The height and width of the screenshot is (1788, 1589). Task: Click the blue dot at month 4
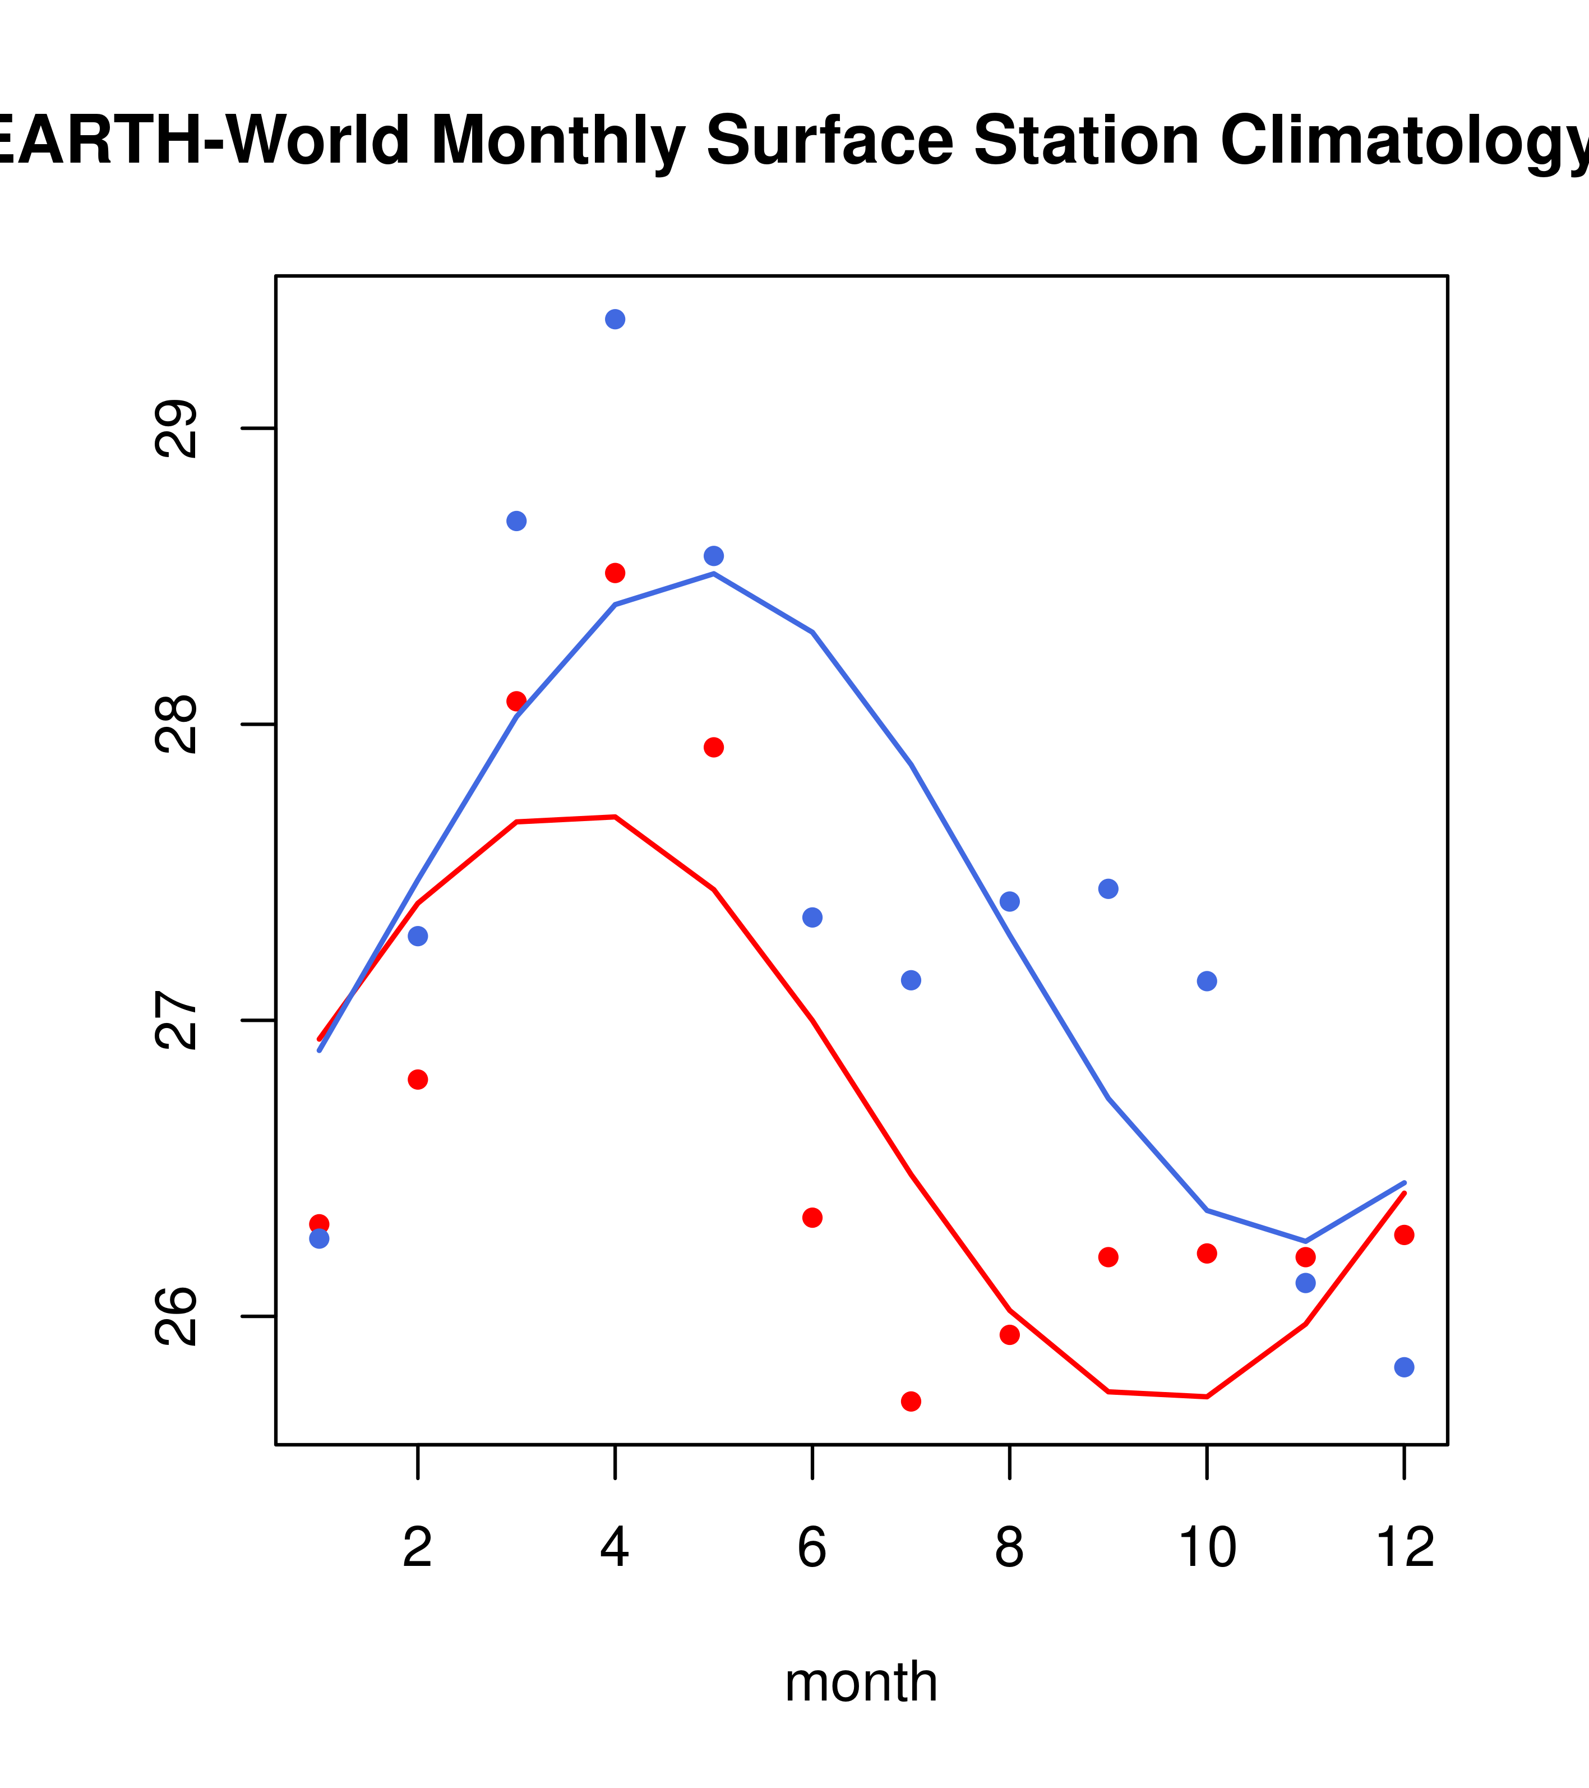(x=615, y=319)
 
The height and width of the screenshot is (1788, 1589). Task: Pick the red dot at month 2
(x=418, y=1080)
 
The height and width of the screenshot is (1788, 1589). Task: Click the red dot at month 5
(x=714, y=747)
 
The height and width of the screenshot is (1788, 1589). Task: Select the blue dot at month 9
(x=1108, y=889)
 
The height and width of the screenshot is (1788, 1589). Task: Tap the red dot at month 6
(x=812, y=1218)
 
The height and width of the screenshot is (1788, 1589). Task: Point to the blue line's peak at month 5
(x=714, y=574)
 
